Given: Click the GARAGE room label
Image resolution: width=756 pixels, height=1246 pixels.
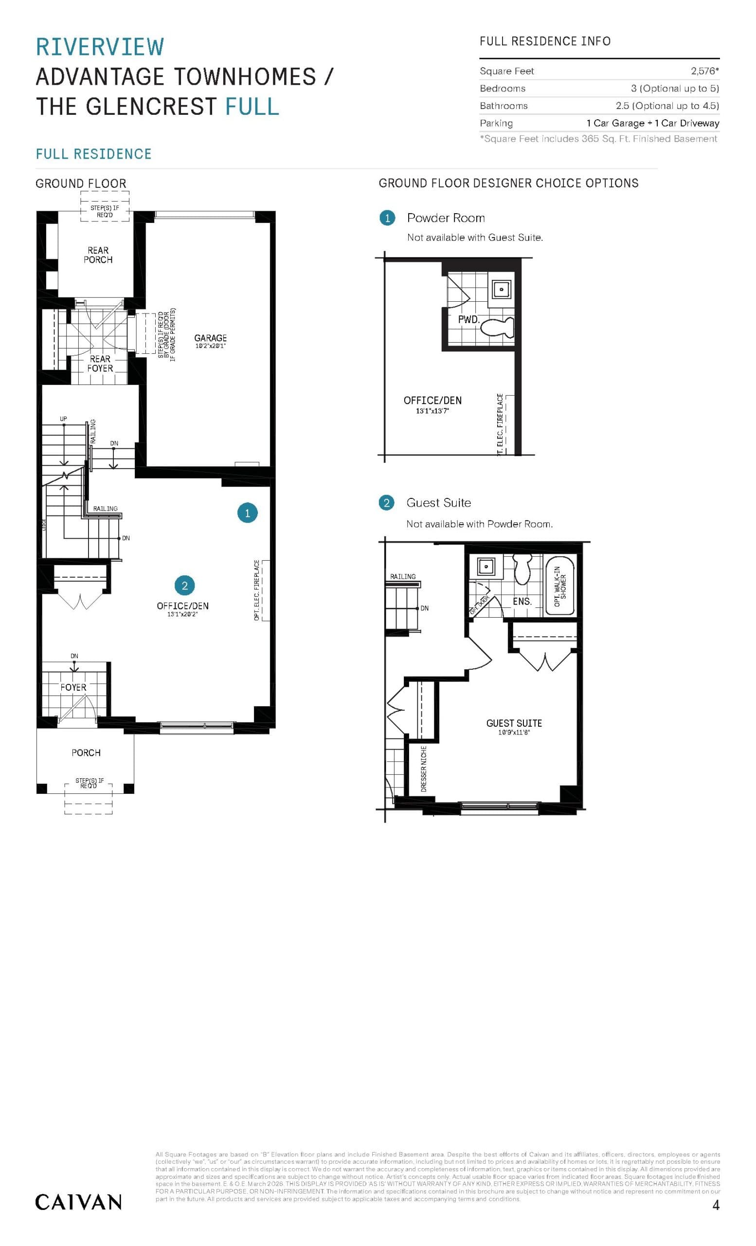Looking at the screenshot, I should click(210, 338).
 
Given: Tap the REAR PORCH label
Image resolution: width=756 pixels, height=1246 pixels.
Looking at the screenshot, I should click(98, 255).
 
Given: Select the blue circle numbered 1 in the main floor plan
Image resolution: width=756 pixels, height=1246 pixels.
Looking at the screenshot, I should click(247, 513).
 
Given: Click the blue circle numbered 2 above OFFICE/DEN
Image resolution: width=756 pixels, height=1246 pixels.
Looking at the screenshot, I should click(184, 585).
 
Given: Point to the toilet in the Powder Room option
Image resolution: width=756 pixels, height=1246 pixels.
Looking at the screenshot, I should click(497, 327).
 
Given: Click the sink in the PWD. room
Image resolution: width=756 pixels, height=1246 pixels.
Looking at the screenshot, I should click(501, 290).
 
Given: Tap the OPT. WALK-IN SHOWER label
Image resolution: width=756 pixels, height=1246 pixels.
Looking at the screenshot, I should click(560, 586).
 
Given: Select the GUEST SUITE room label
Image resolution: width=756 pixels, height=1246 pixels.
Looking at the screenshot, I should click(513, 723).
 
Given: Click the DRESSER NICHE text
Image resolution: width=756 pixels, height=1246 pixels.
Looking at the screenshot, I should click(423, 768).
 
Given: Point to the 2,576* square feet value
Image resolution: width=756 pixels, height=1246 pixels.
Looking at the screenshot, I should click(704, 71).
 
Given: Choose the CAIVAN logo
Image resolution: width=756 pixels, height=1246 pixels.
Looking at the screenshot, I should click(78, 1202).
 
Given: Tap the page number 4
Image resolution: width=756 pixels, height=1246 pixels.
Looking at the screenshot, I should click(715, 1205).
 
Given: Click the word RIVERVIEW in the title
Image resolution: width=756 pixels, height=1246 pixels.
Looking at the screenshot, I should click(100, 47).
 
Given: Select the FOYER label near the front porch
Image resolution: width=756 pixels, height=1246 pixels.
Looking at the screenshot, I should click(73, 687).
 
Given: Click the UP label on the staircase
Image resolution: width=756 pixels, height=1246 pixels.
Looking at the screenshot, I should click(63, 419).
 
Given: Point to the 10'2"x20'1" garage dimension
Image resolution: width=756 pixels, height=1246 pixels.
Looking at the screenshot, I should click(210, 347).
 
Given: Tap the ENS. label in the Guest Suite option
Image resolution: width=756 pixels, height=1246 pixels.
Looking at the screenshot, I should click(522, 601).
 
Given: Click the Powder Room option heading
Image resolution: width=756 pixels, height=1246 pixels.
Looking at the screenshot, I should click(446, 218).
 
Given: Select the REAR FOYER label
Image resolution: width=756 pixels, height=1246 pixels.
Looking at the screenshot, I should click(100, 364).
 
